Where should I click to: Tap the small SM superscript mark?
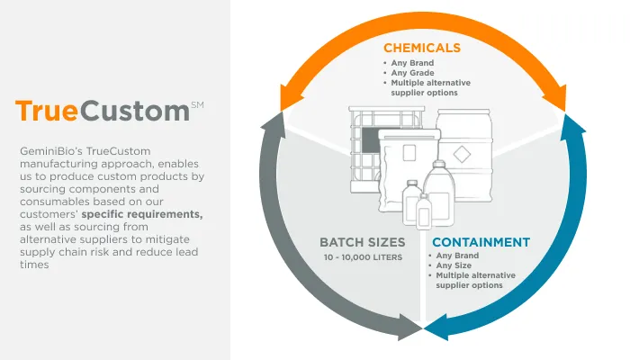(198, 105)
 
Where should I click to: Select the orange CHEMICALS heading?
(422, 47)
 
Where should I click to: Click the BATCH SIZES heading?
(363, 242)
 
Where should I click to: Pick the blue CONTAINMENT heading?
(480, 242)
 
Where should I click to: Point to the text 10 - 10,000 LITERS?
(363, 258)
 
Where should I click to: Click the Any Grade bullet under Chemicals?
(412, 73)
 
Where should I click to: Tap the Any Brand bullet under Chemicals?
(412, 63)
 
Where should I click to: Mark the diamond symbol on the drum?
(463, 153)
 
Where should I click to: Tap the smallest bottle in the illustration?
(423, 212)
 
